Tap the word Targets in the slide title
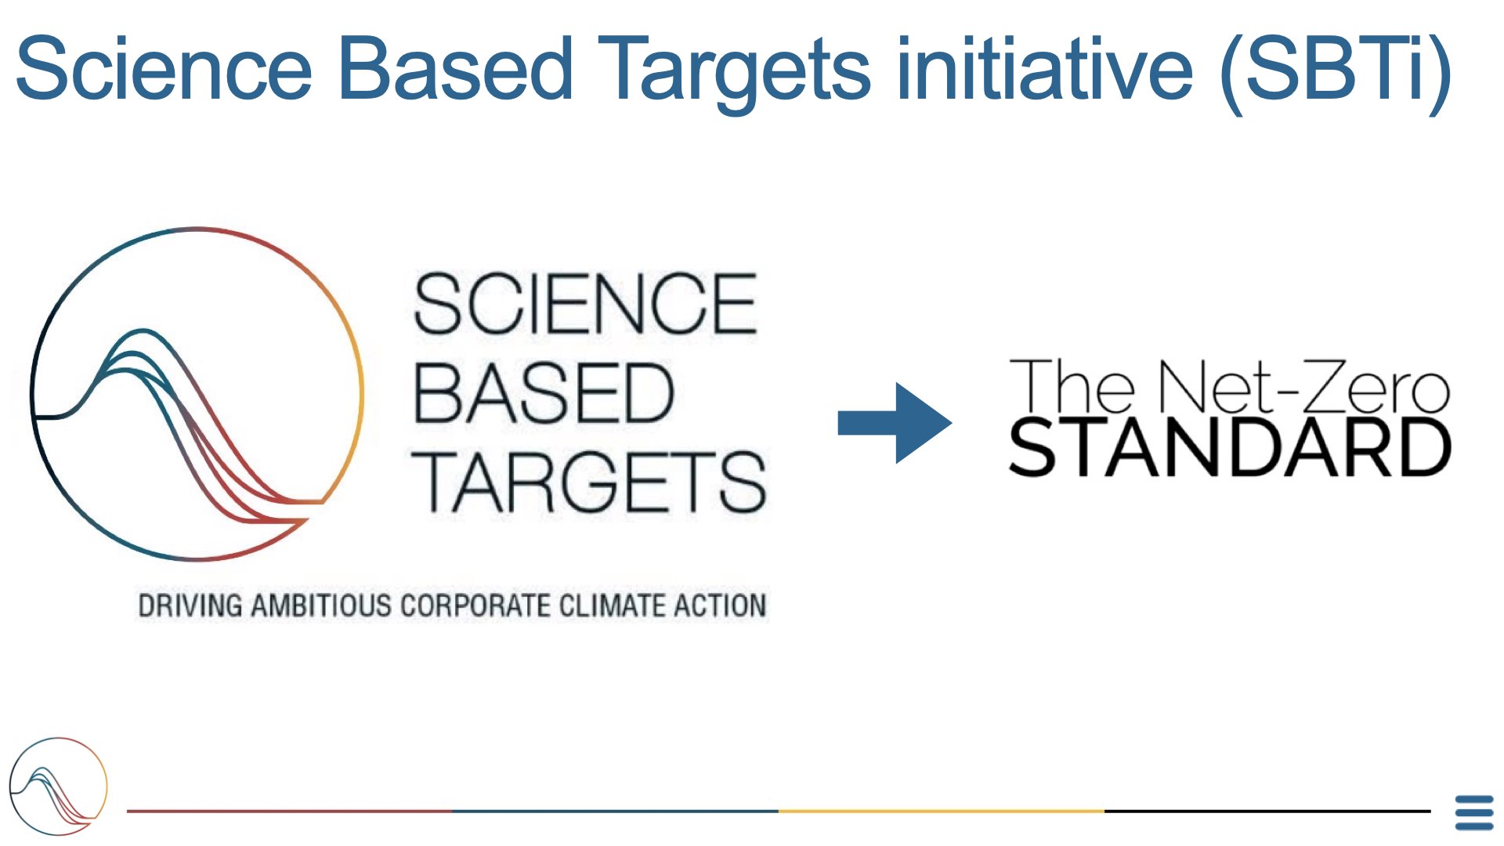pyautogui.click(x=735, y=75)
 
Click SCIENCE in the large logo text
pyautogui.click(x=585, y=304)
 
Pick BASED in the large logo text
pyautogui.click(x=543, y=393)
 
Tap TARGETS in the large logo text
pyautogui.click(x=589, y=482)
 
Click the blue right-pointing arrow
pyautogui.click(x=895, y=423)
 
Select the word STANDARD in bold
pyautogui.click(x=1230, y=447)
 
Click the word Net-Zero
pyautogui.click(x=1304, y=387)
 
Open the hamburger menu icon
pyautogui.click(x=1474, y=813)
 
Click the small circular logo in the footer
pyautogui.click(x=58, y=786)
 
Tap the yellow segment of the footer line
pyautogui.click(x=942, y=811)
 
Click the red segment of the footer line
pyautogui.click(x=290, y=811)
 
